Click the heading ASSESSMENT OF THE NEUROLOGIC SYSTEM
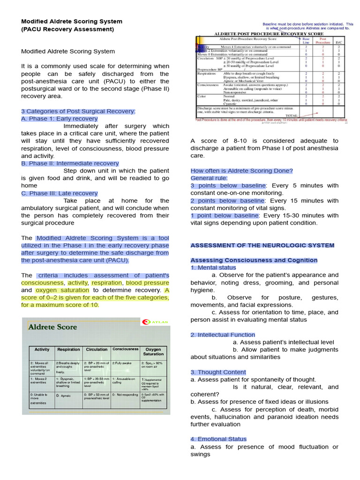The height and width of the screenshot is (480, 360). [x=262, y=245]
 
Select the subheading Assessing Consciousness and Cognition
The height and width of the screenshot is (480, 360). [x=254, y=260]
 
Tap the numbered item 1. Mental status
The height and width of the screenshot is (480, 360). [x=213, y=268]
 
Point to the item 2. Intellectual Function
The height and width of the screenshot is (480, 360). [x=223, y=335]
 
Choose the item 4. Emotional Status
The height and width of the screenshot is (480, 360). [x=218, y=439]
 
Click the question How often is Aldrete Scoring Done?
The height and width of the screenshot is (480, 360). [x=241, y=171]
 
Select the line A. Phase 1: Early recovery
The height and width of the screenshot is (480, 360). [x=60, y=119]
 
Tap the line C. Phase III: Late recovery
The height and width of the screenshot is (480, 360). [x=60, y=193]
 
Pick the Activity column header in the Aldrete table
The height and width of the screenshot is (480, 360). [x=42, y=350]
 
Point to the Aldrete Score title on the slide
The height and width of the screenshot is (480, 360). [x=52, y=327]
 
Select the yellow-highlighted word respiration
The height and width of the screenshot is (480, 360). [x=106, y=283]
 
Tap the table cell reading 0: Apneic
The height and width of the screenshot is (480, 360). [x=64, y=396]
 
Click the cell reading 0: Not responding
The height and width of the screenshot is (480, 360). [x=125, y=395]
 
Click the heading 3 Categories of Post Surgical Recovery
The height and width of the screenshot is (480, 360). [x=78, y=111]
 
